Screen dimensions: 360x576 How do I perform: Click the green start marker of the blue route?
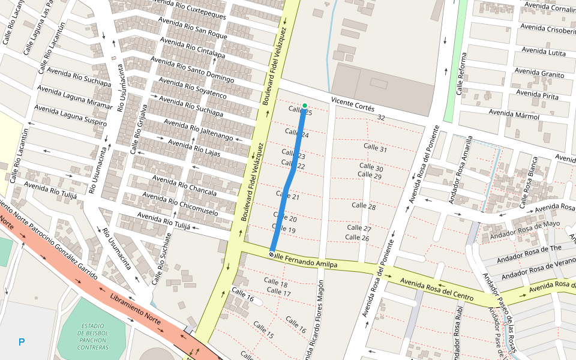tap(305, 106)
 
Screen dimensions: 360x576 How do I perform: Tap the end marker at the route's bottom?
tap(272, 254)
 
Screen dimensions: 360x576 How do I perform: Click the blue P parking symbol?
tap(22, 343)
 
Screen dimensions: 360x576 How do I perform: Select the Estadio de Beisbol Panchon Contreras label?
tap(92, 336)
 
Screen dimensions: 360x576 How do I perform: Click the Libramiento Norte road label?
tap(135, 309)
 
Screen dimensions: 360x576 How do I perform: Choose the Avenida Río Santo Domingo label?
tap(192, 70)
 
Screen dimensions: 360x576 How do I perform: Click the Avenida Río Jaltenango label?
tap(198, 129)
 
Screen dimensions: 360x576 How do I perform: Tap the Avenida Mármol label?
tap(514, 114)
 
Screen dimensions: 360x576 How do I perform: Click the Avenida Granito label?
tap(539, 73)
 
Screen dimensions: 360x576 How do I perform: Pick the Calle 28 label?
tap(364, 206)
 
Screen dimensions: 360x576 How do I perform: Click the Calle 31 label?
tap(375, 148)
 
